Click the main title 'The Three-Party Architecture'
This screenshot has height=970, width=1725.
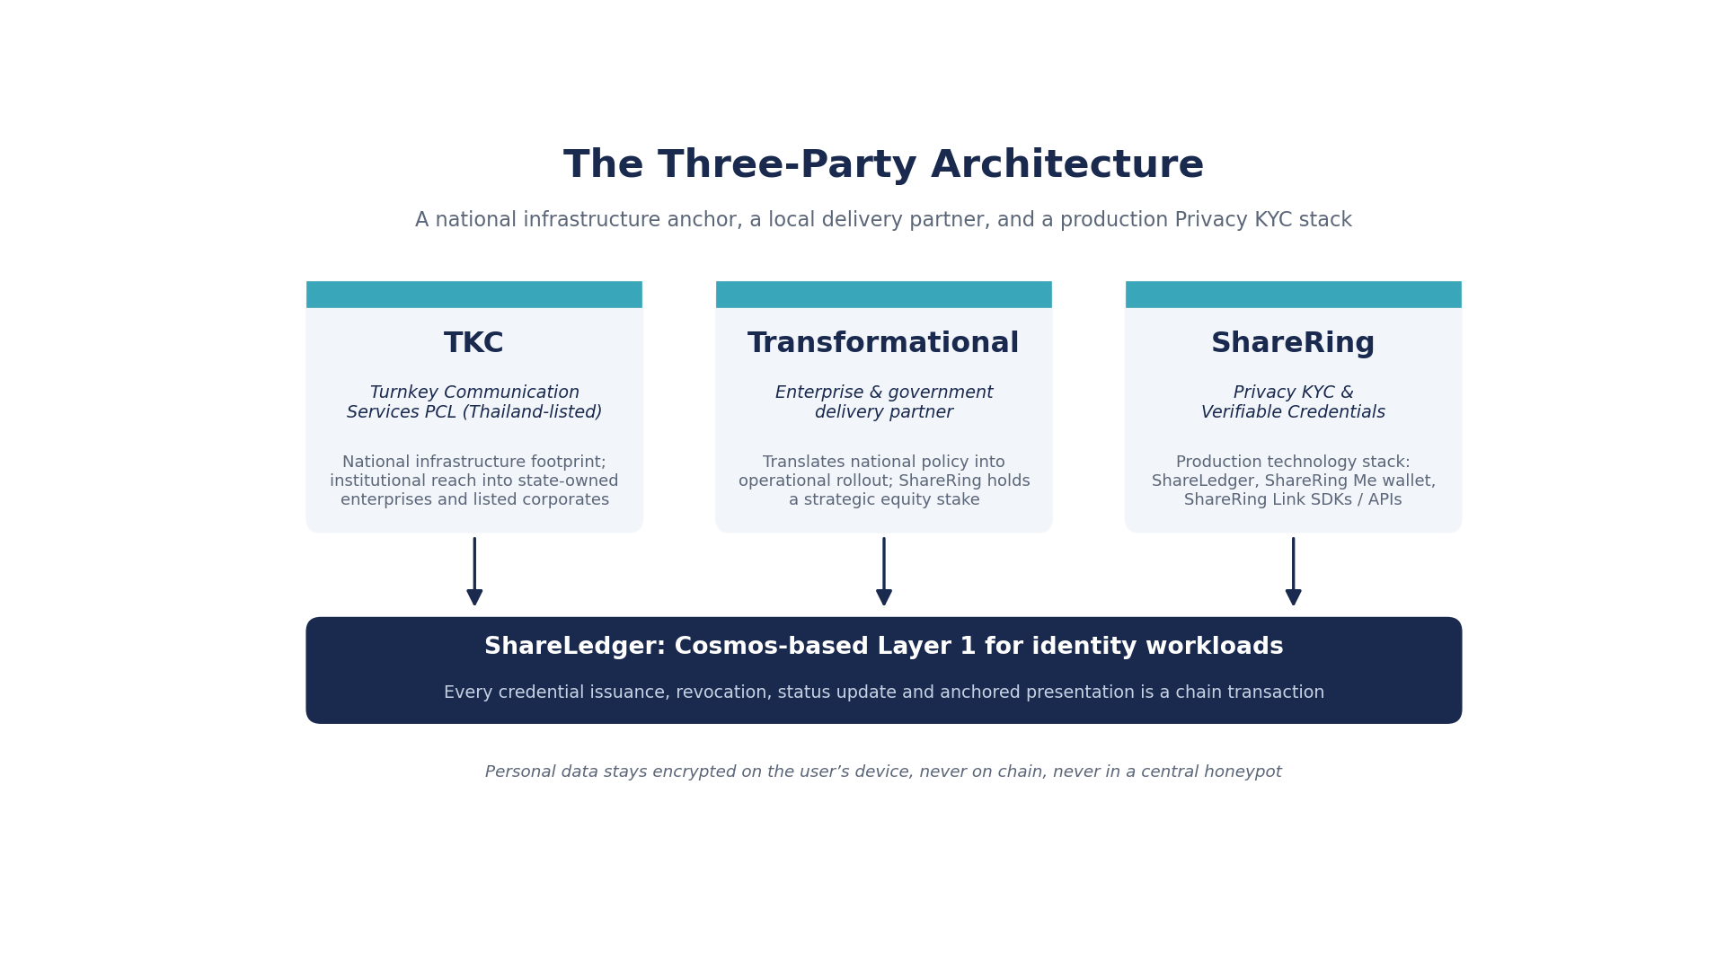883,165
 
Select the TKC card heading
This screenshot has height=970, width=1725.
473,343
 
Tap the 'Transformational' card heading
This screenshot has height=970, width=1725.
883,343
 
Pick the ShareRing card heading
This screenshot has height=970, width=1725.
1293,343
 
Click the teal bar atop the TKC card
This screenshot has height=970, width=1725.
474,295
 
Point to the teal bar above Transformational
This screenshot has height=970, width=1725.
884,295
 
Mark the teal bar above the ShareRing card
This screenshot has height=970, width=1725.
1294,295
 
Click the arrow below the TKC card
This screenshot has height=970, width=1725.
474,571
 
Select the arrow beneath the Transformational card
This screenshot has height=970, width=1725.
884,571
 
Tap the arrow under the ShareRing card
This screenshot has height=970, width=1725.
1294,571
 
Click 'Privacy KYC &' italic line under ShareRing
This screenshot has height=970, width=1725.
1293,392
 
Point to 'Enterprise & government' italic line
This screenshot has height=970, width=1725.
884,392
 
